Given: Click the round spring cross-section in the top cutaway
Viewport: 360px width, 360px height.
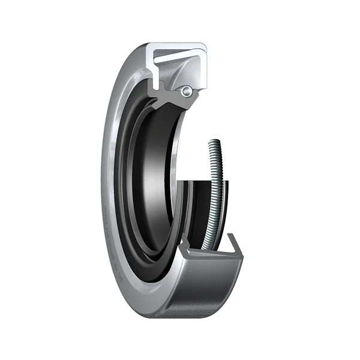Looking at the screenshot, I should pyautogui.click(x=188, y=91).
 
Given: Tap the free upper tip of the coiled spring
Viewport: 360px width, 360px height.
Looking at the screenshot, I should pyautogui.click(x=214, y=142).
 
